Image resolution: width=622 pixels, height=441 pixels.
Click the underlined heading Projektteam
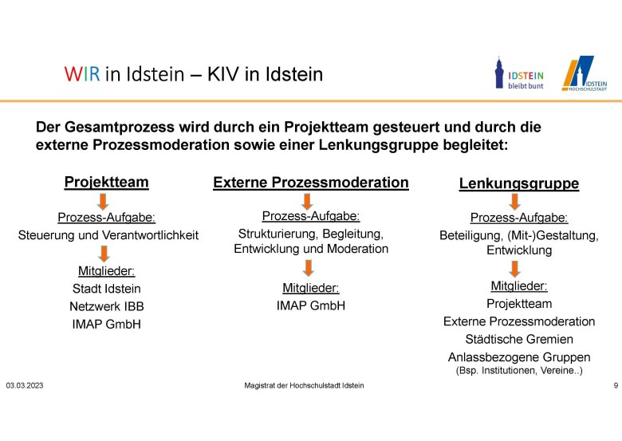pyautogui.click(x=106, y=182)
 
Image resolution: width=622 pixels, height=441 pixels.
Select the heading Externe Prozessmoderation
pyautogui.click(x=311, y=183)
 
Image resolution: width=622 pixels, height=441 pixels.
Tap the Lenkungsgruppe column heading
pyautogui.click(x=519, y=183)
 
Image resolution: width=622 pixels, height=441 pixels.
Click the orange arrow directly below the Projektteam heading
pyautogui.click(x=103, y=202)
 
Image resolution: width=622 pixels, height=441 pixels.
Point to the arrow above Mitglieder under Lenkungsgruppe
pyautogui.click(x=515, y=269)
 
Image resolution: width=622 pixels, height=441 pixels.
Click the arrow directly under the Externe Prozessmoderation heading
pyautogui.click(x=307, y=202)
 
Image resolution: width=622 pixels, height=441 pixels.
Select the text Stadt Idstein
pyautogui.click(x=106, y=289)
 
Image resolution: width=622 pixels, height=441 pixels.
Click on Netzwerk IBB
pyautogui.click(x=106, y=306)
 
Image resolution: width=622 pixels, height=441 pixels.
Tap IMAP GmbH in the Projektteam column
pyautogui.click(x=106, y=325)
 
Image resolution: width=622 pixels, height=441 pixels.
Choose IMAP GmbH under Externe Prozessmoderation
pyautogui.click(x=311, y=305)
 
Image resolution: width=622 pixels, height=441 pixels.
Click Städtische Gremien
pyautogui.click(x=519, y=340)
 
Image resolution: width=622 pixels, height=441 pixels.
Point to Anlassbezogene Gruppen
pyautogui.click(x=519, y=357)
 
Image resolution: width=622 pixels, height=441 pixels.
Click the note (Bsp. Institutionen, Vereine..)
pyautogui.click(x=519, y=371)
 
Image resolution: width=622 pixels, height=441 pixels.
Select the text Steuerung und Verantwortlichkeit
pyautogui.click(x=108, y=235)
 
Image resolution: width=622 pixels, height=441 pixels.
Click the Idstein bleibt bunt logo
pyautogui.click(x=519, y=73)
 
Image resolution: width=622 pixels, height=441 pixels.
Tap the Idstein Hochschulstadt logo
pyautogui.click(x=585, y=73)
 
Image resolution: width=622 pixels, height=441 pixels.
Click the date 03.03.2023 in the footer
pyautogui.click(x=25, y=385)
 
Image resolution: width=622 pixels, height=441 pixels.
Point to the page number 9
pyautogui.click(x=616, y=385)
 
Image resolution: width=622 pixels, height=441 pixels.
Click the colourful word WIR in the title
pyautogui.click(x=82, y=74)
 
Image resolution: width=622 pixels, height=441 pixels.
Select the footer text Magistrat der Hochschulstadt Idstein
pyautogui.click(x=304, y=385)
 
